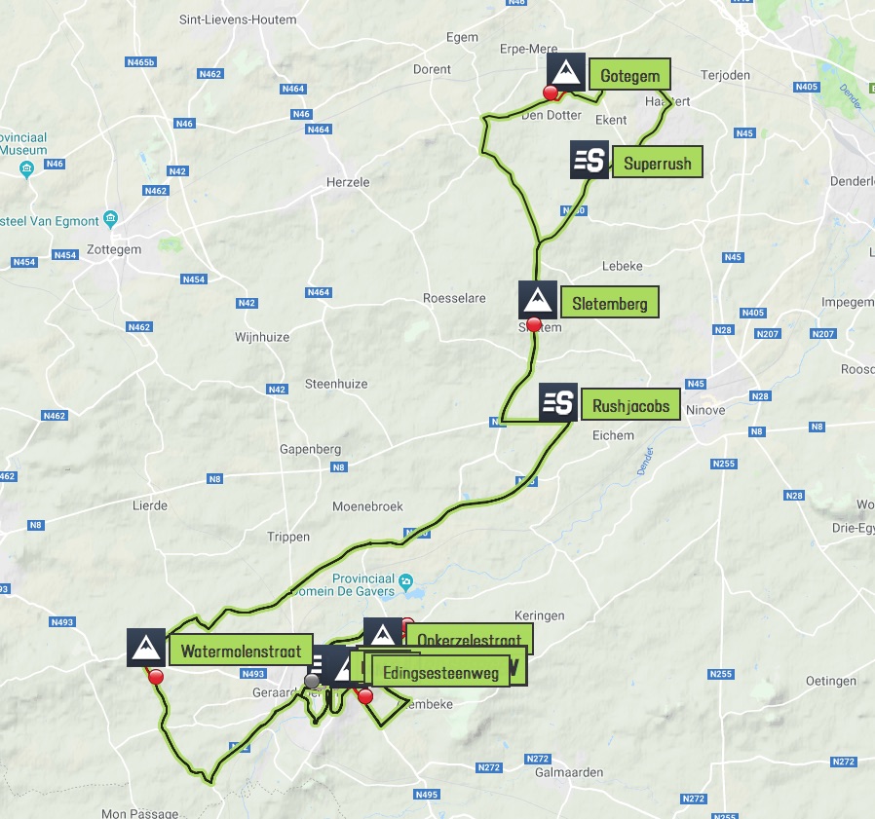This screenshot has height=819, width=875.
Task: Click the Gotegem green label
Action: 630,76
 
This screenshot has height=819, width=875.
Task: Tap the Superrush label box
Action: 658,163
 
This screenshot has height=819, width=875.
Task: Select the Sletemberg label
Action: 610,303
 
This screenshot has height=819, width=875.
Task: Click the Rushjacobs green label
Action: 630,405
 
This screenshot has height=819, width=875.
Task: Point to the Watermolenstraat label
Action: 241,650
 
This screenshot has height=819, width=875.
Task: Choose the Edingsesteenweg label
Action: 440,672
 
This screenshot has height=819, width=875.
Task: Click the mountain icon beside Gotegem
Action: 566,71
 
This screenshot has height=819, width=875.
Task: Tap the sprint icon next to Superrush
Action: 589,161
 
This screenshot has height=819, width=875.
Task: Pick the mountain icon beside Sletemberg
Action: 538,300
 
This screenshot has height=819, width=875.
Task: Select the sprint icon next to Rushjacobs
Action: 558,401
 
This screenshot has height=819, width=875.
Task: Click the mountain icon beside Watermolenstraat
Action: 146,647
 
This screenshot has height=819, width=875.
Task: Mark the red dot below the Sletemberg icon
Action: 533,324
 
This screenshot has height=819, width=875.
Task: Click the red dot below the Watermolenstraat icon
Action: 155,678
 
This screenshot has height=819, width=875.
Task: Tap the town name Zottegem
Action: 115,249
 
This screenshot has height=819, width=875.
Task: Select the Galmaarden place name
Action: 569,772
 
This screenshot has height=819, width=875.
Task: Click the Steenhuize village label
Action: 336,384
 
